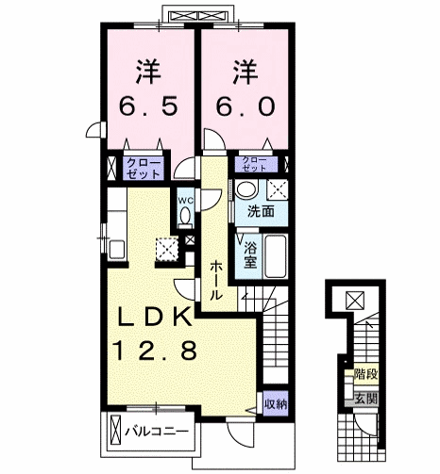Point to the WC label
pos(186,200)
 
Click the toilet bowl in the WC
pos(185,216)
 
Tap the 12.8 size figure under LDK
pos(156,351)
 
